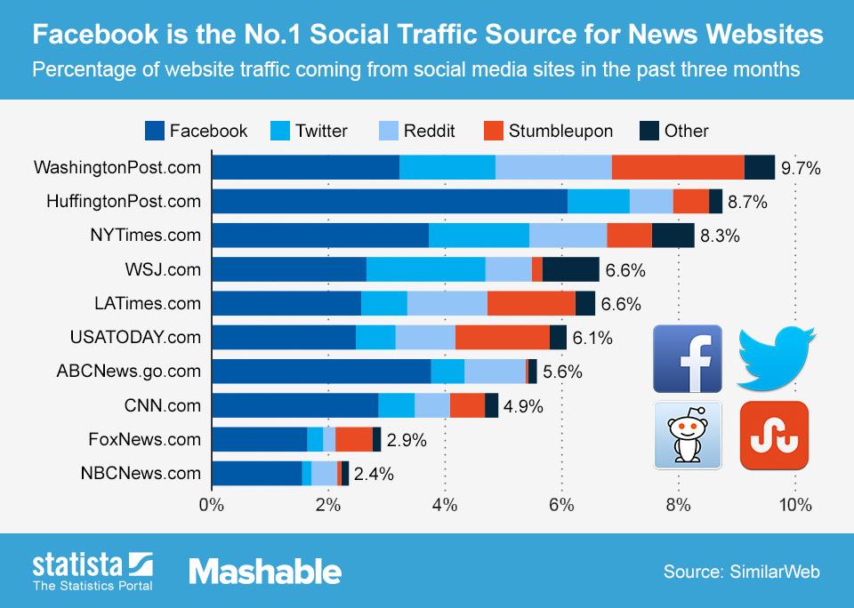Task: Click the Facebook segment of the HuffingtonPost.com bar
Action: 390,202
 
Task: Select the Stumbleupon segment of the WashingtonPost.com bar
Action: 678,167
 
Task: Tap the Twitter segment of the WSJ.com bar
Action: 425,269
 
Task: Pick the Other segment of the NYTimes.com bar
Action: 673,236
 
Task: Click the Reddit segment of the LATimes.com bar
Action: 447,303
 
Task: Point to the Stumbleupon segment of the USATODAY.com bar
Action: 502,338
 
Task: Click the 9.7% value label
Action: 800,167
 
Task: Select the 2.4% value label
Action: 374,474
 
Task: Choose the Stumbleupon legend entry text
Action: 560,132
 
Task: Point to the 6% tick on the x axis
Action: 561,506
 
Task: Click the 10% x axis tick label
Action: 794,506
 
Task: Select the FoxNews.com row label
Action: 145,439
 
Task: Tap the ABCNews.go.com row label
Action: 129,372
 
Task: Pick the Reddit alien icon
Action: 688,436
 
